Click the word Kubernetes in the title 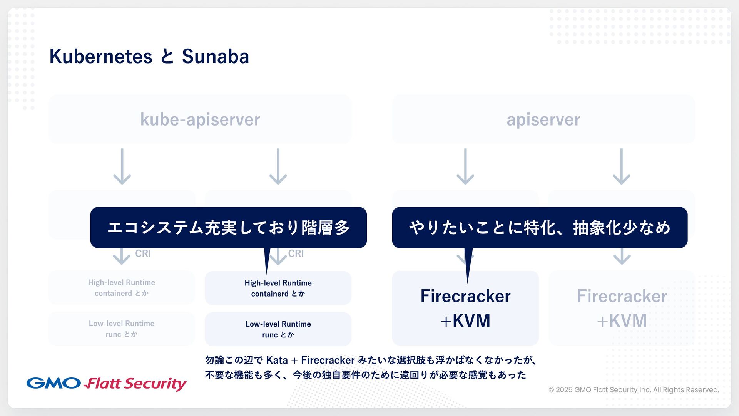[101, 57]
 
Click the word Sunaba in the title [215, 57]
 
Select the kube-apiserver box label [200, 119]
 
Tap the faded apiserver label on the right [543, 119]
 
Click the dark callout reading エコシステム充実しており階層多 [228, 227]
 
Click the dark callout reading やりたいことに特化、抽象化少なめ [540, 227]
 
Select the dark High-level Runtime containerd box [278, 288]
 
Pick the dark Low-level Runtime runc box [278, 329]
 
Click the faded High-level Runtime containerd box [122, 288]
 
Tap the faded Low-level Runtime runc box [122, 329]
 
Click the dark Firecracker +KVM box [465, 308]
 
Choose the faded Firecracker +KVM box [622, 308]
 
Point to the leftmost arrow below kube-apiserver [122, 166]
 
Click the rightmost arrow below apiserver [621, 166]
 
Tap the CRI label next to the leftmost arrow [143, 253]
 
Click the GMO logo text [54, 383]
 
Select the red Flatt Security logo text [135, 384]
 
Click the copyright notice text [634, 390]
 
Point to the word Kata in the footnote [277, 360]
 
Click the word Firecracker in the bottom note [328, 360]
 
